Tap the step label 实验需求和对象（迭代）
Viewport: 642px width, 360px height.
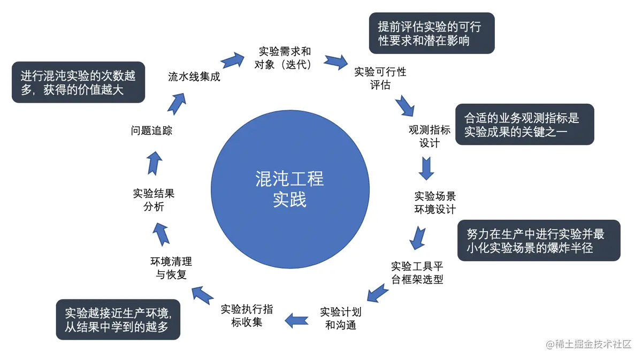[x=285, y=58]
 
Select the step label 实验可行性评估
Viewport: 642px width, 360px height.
[x=380, y=78]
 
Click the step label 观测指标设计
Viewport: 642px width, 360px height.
[x=430, y=136]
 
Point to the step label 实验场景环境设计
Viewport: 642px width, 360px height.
[x=435, y=202]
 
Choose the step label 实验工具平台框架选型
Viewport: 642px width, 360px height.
[x=417, y=272]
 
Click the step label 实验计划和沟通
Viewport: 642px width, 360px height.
[x=341, y=318]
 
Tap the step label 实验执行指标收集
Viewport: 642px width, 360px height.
[x=247, y=316]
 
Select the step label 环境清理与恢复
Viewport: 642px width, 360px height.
[x=171, y=268]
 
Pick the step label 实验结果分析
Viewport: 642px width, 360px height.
[x=154, y=200]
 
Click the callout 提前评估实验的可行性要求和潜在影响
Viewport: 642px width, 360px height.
[x=432, y=33]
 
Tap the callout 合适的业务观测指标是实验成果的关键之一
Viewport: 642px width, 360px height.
[x=524, y=124]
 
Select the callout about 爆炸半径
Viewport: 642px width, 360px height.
[x=538, y=241]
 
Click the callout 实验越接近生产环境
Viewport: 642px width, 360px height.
[x=118, y=319]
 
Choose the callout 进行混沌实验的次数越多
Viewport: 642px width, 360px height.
[x=78, y=82]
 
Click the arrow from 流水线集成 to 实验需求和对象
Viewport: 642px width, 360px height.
[x=231, y=59]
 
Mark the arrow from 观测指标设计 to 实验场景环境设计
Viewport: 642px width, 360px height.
[x=426, y=168]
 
